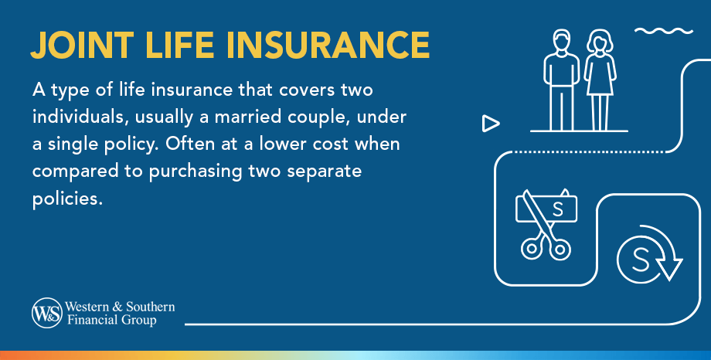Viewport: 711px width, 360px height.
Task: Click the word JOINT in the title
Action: tap(82, 46)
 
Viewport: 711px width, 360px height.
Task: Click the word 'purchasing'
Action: tap(196, 172)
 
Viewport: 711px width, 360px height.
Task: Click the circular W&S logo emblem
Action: tap(46, 313)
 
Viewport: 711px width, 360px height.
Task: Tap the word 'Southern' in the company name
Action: tap(150, 307)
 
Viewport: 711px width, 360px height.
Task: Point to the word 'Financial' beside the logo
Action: tap(86, 320)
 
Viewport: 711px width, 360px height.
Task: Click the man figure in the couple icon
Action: tap(561, 80)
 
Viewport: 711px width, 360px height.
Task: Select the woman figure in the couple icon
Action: tap(600, 80)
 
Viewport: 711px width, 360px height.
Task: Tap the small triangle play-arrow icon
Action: tap(491, 124)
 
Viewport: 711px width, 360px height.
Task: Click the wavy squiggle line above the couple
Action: tap(664, 31)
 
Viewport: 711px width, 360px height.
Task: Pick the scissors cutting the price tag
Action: tap(543, 226)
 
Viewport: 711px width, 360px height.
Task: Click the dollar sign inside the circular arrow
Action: tap(640, 260)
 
